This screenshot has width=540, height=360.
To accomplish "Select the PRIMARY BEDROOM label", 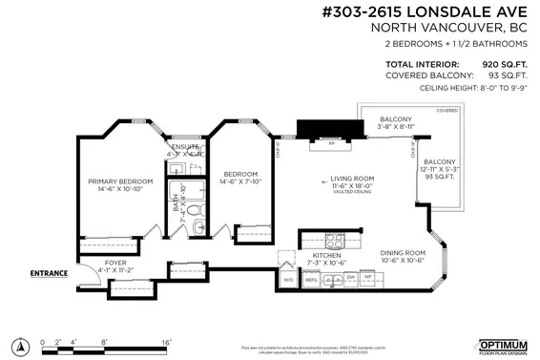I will coord(120,181).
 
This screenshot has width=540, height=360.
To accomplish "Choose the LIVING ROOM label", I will coord(350,179).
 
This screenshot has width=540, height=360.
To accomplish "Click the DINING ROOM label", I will coord(402,253).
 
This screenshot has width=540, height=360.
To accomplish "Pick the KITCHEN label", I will coord(326,256).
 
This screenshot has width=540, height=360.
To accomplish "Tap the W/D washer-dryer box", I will coord(288,280).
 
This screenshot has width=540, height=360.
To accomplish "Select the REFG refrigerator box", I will coord(310,280).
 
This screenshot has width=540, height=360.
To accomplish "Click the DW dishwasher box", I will coord(350,278).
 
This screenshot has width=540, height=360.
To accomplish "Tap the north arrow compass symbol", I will coord(18,341).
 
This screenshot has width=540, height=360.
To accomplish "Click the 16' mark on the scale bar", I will coord(165,341).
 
